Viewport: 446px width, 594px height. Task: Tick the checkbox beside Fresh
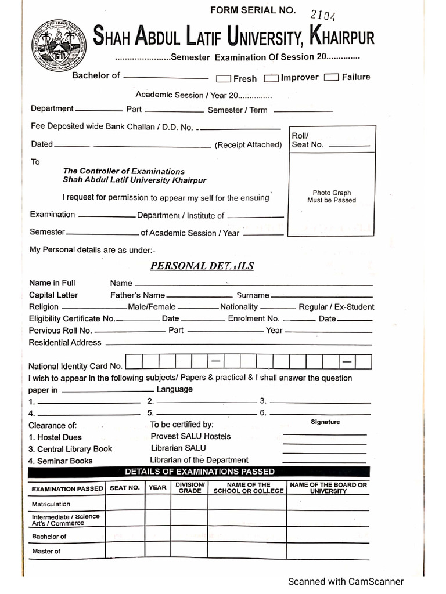pyautogui.click(x=224, y=79)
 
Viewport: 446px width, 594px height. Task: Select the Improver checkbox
pyautogui.click(x=271, y=78)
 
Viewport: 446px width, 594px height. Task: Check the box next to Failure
pyautogui.click(x=332, y=77)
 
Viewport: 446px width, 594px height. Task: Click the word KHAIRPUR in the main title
pyautogui.click(x=343, y=39)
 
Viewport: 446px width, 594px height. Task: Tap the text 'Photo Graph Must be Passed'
pyautogui.click(x=332, y=197)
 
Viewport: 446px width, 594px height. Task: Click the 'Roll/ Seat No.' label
pyautogui.click(x=307, y=140)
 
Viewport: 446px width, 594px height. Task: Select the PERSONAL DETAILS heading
pyautogui.click(x=202, y=266)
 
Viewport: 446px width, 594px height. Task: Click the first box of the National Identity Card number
pyautogui.click(x=134, y=362)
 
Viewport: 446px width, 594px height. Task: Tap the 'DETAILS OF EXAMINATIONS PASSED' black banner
pyautogui.click(x=200, y=472)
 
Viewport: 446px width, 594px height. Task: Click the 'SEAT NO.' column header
pyautogui.click(x=125, y=488)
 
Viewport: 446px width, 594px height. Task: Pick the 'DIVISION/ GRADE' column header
pyautogui.click(x=189, y=487)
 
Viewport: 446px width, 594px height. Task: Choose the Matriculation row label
pyautogui.click(x=51, y=504)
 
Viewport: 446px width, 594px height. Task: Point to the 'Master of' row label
pyautogui.click(x=46, y=551)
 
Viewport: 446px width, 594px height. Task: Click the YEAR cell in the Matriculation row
pyautogui.click(x=157, y=504)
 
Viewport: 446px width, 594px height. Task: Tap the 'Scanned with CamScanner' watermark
pyautogui.click(x=346, y=581)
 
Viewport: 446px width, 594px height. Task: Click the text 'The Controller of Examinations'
pyautogui.click(x=124, y=171)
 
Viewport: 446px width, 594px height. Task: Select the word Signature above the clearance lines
pyautogui.click(x=325, y=422)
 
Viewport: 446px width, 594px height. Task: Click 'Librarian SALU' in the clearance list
pyautogui.click(x=178, y=448)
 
